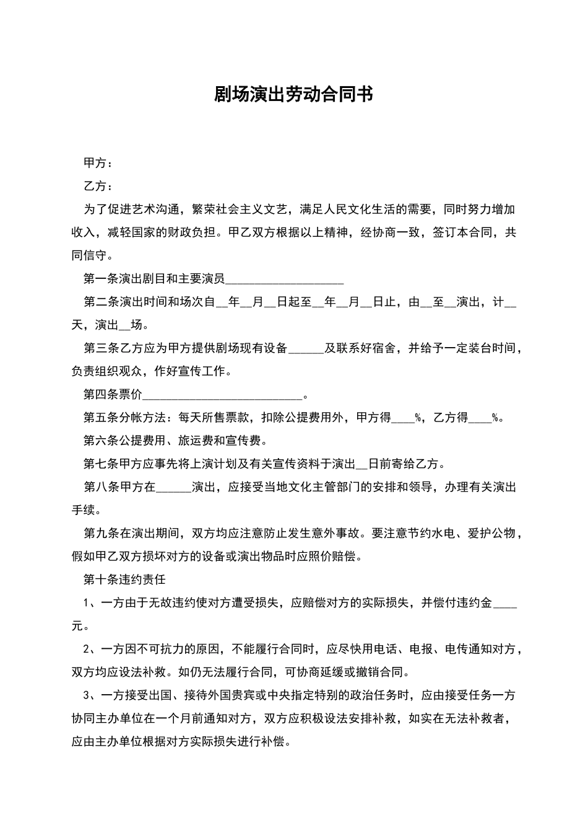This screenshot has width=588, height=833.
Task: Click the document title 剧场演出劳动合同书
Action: click(x=293, y=94)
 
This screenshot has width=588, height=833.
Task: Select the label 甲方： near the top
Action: click(x=98, y=163)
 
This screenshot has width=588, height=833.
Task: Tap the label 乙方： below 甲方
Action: click(x=98, y=186)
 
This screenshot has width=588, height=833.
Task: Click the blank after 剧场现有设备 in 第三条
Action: click(x=306, y=349)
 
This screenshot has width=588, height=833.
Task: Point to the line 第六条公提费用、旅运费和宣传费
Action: click(x=176, y=441)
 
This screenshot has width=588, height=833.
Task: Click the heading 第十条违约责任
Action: click(x=124, y=579)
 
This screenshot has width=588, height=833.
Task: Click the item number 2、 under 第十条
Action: click(x=90, y=649)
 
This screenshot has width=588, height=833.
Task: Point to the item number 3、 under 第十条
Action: click(x=90, y=695)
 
